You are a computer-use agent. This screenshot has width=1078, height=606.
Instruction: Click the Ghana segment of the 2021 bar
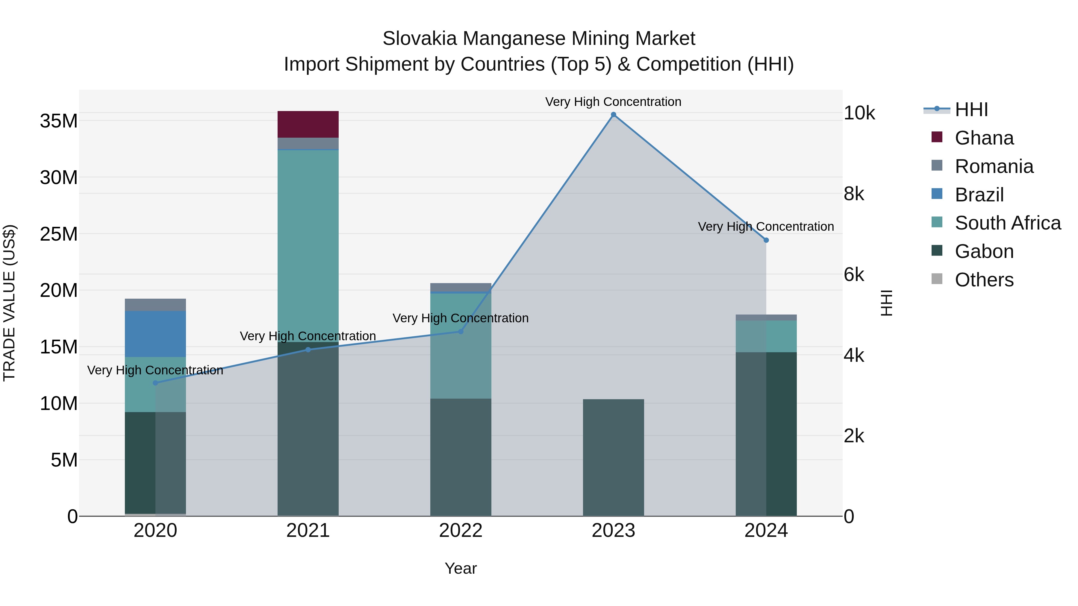(x=308, y=124)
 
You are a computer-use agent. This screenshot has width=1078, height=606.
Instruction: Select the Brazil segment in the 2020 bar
(x=155, y=334)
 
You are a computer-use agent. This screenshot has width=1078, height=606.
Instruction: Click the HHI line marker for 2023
(x=614, y=115)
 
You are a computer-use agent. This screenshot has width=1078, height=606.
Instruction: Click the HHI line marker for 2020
(x=155, y=383)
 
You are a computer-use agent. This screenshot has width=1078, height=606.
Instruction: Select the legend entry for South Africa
(x=1008, y=223)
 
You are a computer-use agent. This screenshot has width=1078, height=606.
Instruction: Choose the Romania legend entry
(x=994, y=166)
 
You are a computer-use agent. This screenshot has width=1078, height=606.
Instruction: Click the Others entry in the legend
(x=984, y=280)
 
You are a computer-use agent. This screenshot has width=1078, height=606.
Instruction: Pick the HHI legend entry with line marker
(x=971, y=110)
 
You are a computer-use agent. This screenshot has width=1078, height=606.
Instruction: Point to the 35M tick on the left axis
(x=59, y=121)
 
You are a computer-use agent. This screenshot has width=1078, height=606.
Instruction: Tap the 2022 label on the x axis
(x=461, y=531)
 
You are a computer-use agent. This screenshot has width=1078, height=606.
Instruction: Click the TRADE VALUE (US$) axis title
(x=10, y=303)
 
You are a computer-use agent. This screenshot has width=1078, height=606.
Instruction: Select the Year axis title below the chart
(x=461, y=568)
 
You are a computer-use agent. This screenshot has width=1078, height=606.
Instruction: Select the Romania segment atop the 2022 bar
(x=461, y=287)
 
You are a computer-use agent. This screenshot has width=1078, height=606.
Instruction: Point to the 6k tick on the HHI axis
(x=854, y=275)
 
